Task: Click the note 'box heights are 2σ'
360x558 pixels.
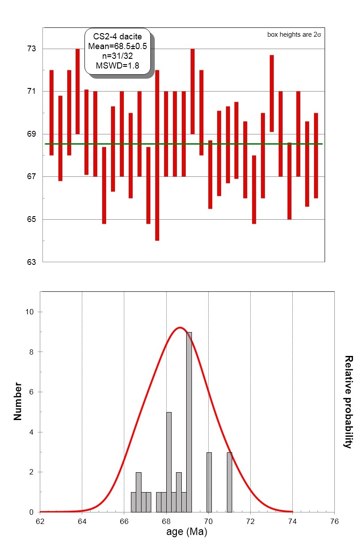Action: [296, 34]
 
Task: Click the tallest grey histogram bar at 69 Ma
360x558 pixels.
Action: [189, 422]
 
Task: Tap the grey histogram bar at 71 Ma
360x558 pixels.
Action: [229, 482]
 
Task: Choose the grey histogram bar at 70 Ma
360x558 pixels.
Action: [209, 482]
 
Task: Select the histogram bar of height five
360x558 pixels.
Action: [169, 462]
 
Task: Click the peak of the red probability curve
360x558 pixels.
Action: [180, 328]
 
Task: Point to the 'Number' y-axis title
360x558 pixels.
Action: [18, 401]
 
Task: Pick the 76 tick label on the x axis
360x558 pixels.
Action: [334, 521]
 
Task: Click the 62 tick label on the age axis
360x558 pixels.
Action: [40, 521]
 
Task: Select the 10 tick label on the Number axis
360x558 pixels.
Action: [30, 312]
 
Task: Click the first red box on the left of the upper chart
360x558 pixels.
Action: [51, 113]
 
